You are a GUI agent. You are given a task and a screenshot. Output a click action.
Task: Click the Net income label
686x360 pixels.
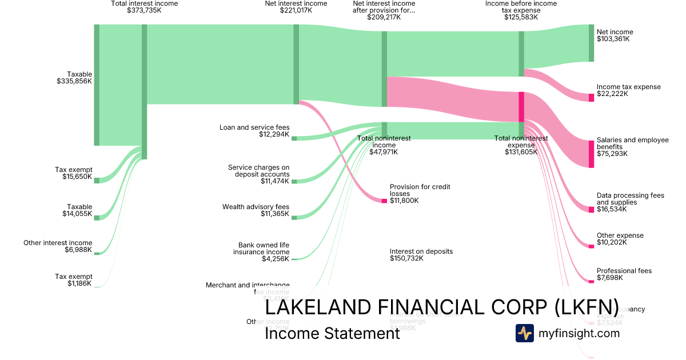(x=615, y=32)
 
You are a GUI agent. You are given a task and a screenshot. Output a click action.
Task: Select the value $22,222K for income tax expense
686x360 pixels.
(x=612, y=94)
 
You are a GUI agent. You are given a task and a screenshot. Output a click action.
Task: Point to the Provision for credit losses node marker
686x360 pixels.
(x=384, y=201)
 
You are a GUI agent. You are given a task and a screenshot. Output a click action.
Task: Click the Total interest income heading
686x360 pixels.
(x=144, y=3)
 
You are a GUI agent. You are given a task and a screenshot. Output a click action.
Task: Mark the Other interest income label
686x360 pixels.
(x=58, y=243)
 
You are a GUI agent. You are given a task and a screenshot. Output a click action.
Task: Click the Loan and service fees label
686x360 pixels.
(x=254, y=127)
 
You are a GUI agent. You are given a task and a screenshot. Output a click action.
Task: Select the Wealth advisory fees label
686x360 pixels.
(x=256, y=207)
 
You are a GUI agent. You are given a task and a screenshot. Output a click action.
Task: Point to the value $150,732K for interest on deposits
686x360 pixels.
(x=406, y=258)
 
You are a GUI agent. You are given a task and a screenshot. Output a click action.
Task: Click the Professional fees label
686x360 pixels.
(x=624, y=271)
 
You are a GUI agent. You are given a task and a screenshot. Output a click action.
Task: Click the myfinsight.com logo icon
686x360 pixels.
(x=524, y=333)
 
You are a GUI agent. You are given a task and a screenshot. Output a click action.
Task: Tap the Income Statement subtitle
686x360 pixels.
(x=332, y=333)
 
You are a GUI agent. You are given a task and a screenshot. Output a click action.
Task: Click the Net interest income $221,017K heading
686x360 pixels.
(x=296, y=7)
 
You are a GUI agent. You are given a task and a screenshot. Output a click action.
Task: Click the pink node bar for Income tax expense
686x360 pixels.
(x=592, y=98)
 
